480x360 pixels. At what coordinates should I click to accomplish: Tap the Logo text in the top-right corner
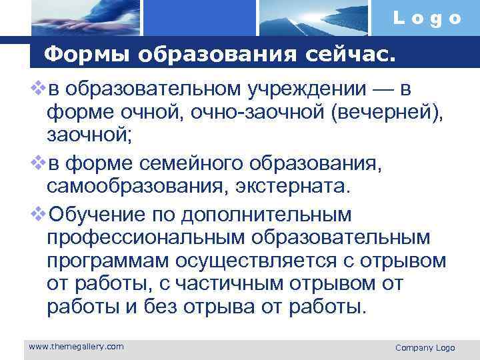427,18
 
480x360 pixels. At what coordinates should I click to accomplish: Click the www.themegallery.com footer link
76,346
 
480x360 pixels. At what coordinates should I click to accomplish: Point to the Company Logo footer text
425,347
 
